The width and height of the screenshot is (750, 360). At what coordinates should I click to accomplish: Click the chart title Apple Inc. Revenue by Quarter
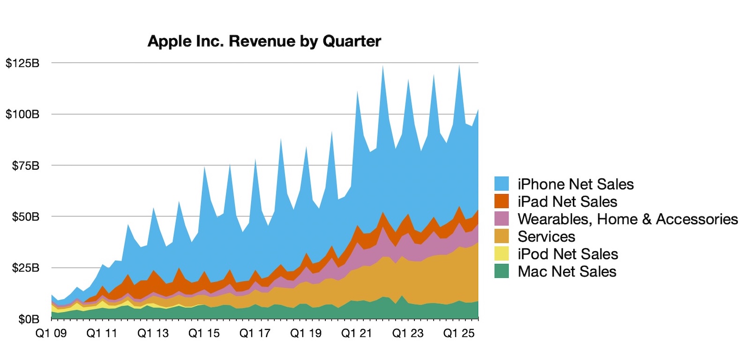pos(264,41)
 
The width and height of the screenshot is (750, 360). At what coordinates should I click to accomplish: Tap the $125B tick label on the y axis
pos(22,63)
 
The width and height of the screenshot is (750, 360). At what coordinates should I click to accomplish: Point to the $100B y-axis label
pos(22,114)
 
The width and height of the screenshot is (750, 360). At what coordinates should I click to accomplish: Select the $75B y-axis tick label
pos(26,165)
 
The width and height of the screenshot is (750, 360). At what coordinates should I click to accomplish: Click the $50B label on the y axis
pos(26,217)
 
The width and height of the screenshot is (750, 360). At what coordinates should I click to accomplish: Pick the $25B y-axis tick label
pos(26,268)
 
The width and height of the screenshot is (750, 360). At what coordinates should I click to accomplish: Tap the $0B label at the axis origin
pos(29,319)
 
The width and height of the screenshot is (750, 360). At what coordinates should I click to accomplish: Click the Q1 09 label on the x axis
pos(51,333)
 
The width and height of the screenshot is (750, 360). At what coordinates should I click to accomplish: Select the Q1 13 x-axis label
pos(153,333)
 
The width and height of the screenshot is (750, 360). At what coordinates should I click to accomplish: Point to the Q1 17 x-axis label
pos(255,333)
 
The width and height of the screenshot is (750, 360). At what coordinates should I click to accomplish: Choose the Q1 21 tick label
pos(356,333)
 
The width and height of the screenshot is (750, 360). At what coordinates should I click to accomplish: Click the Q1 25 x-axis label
pos(458,333)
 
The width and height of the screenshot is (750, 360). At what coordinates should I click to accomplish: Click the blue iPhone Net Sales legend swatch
pos(502,184)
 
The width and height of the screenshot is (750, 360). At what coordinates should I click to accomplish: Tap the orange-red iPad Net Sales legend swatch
pos(502,201)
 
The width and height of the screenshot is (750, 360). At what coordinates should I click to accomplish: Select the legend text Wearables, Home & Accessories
pos(627,219)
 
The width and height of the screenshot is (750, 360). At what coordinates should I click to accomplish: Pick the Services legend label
pos(546,236)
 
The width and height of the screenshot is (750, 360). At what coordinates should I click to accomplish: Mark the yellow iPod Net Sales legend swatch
pos(502,254)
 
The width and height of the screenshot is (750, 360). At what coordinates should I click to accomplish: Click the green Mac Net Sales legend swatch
pos(502,271)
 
